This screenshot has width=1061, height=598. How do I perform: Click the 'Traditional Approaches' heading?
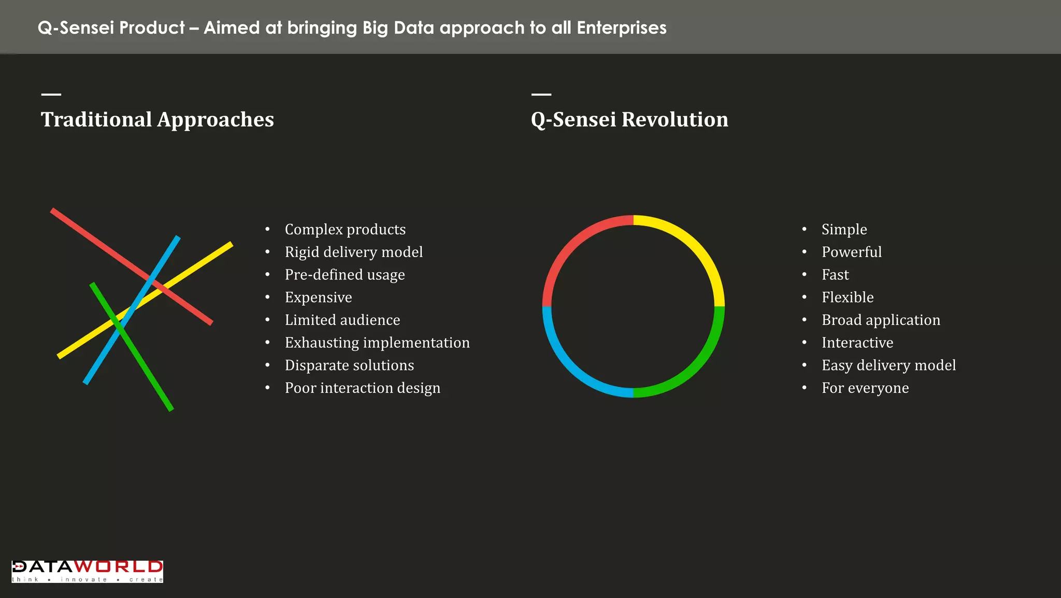tap(157, 120)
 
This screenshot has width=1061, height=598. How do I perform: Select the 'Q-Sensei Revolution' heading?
tap(629, 120)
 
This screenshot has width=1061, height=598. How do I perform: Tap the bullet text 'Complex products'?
tap(345, 230)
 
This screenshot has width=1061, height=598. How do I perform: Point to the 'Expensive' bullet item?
tap(318, 297)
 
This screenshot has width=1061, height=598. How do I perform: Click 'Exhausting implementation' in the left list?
tap(377, 343)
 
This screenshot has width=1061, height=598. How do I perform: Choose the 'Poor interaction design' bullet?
tap(362, 388)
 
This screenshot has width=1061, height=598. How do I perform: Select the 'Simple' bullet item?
tap(844, 230)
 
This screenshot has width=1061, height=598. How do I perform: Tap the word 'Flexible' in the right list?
tap(847, 297)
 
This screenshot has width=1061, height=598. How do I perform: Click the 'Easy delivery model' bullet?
tap(888, 365)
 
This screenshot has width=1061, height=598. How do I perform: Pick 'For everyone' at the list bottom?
tap(865, 388)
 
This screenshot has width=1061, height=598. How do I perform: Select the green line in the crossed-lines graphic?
tap(150, 378)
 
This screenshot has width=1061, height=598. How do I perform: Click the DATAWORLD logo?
tap(87, 571)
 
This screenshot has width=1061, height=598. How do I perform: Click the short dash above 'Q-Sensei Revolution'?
tap(541, 94)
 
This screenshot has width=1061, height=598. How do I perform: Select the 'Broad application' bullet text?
tap(880, 320)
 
